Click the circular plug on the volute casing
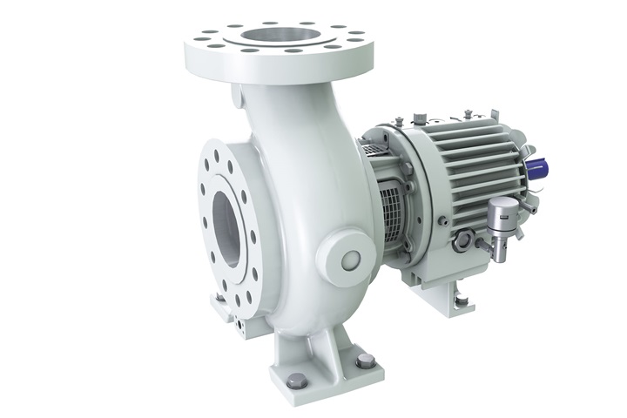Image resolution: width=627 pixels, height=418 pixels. (x=350, y=260)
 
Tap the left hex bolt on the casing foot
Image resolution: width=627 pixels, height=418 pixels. (x=297, y=380)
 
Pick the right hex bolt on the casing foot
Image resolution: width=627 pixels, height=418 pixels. (x=364, y=360)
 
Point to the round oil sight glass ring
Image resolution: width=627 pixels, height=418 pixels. (x=461, y=239)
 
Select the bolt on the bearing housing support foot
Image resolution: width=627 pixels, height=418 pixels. (x=461, y=301)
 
